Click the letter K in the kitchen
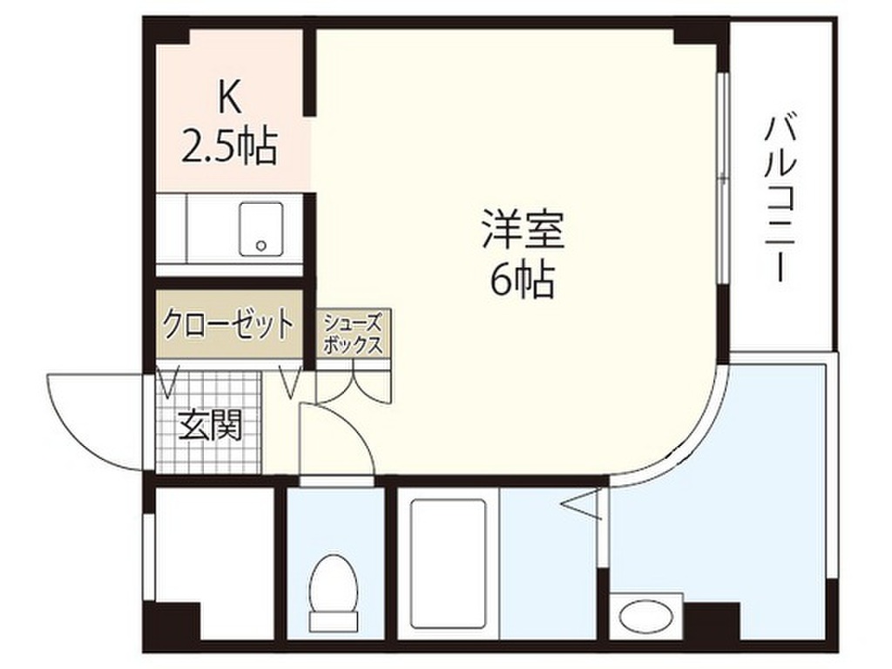point(229,100)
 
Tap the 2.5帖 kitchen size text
point(229,147)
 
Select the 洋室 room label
point(523,230)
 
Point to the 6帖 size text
point(523,280)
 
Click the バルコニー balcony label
point(780,199)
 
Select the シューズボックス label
point(353,334)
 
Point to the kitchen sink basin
point(261,229)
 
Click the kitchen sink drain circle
point(261,247)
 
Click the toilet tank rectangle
point(333,620)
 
